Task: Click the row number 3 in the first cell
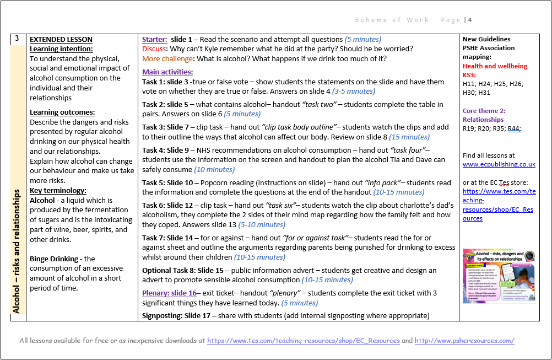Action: point(17,39)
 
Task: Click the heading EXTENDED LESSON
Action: point(61,39)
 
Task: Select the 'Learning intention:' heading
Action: point(61,49)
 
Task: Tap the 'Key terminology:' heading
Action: point(56,191)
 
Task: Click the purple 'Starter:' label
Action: point(154,39)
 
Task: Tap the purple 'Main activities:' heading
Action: point(167,72)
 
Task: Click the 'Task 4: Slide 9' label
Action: point(165,150)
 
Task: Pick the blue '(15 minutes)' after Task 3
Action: point(409,137)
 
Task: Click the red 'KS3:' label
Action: point(469,75)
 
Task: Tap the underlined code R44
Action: point(513,128)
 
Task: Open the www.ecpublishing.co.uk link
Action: point(499,164)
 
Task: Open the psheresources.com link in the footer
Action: point(464,341)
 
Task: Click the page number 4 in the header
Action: point(470,20)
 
